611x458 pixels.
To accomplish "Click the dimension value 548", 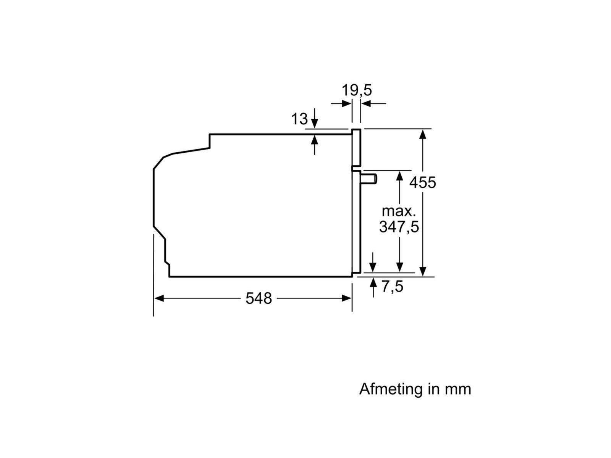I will pyautogui.click(x=259, y=298).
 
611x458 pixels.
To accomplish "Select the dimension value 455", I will pyautogui.click(x=422, y=182).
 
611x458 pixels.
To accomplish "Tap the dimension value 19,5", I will pyautogui.click(x=356, y=90).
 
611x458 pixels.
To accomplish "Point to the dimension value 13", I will pyautogui.click(x=299, y=119).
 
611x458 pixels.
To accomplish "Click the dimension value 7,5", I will pyautogui.click(x=393, y=286).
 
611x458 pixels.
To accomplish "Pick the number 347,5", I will pyautogui.click(x=399, y=227).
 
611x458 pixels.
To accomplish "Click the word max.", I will pyautogui.click(x=399, y=211).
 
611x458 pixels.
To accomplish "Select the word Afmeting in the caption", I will pyautogui.click(x=386, y=389).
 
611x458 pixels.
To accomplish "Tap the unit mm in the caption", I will pyautogui.click(x=458, y=389).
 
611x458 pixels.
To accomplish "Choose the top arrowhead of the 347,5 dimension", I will pyautogui.click(x=399, y=176).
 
